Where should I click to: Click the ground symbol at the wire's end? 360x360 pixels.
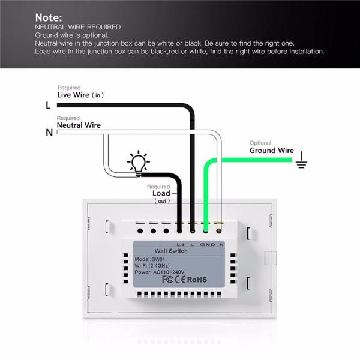click(301, 160)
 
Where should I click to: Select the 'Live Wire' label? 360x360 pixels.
click(73, 95)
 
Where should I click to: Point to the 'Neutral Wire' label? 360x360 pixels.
click(79, 125)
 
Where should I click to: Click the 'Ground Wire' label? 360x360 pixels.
click(272, 151)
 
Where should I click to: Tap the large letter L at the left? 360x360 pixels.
click(49, 105)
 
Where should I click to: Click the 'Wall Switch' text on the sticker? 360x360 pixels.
click(171, 251)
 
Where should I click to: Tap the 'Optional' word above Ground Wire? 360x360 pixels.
click(260, 143)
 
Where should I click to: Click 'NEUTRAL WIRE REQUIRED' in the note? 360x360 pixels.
click(77, 27)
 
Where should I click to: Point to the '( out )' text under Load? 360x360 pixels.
click(162, 201)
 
